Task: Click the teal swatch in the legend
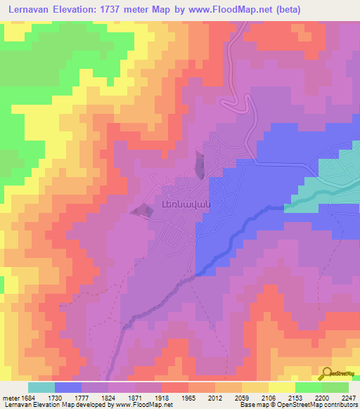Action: tap(41, 387)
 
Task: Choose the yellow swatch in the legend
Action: tap(282, 387)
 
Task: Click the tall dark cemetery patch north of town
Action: tap(201, 166)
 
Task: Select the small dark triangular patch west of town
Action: tap(143, 209)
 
